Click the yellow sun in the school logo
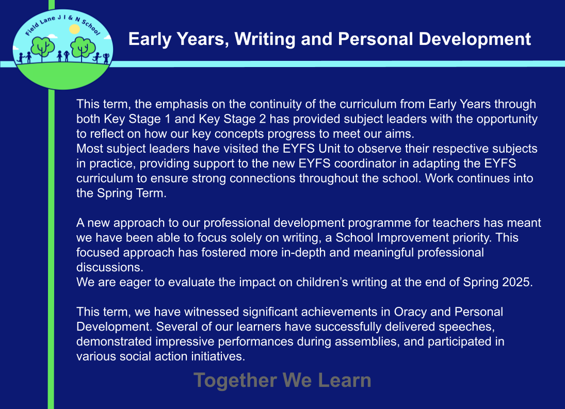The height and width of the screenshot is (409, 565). point(74,29)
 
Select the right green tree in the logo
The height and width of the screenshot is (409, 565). point(83,48)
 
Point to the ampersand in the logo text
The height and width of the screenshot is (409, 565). point(71,18)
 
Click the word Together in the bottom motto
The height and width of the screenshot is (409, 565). point(235,381)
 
